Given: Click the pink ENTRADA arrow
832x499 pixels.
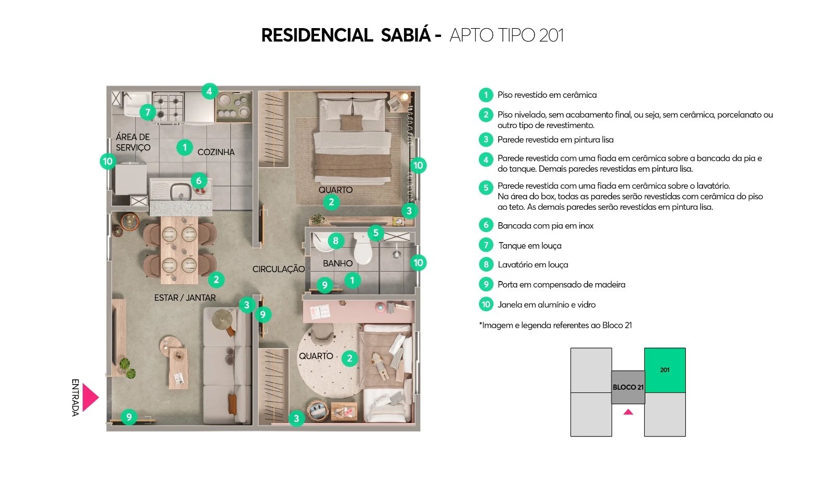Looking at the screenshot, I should coord(89,398).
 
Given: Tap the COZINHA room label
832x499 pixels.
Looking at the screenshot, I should coord(216,152).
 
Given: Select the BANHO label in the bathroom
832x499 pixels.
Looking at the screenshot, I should coord(337,263).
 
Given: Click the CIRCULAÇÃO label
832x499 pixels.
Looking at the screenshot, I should coord(278,269).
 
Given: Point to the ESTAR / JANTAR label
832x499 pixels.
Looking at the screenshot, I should coord(185,298).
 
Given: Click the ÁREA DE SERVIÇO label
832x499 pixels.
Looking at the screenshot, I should coord(133,142).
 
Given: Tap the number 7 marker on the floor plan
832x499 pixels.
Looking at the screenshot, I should coord(148,112).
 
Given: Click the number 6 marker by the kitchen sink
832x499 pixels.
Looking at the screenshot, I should coord(199,181).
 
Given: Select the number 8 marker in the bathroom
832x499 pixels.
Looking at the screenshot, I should coord(335,240).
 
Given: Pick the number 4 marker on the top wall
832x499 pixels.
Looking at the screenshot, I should coord(209,91).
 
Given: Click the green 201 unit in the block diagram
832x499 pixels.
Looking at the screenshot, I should coord(665,370).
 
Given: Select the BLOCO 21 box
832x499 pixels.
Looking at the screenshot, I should coord(628,387).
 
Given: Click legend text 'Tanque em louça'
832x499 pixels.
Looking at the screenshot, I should coord(529,246).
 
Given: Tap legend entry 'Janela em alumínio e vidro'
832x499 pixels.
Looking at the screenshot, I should coord(546,304).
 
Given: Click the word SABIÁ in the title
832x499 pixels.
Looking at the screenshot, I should coord(406,35).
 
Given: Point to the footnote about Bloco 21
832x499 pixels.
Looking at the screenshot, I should coord(555,325).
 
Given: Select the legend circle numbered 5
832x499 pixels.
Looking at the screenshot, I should coord(486,187).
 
